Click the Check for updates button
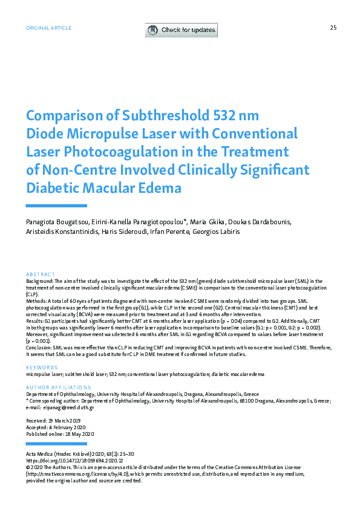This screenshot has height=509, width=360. point(181,30)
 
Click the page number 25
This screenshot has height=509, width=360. point(333,28)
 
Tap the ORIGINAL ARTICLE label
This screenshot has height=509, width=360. point(48,28)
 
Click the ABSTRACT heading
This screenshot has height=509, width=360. point(41,274)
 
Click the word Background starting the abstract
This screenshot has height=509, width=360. point(40,281)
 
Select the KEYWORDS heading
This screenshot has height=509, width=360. point(41,368)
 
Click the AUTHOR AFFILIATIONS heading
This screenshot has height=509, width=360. point(58,387)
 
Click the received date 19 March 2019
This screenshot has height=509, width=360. point(68,420)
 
